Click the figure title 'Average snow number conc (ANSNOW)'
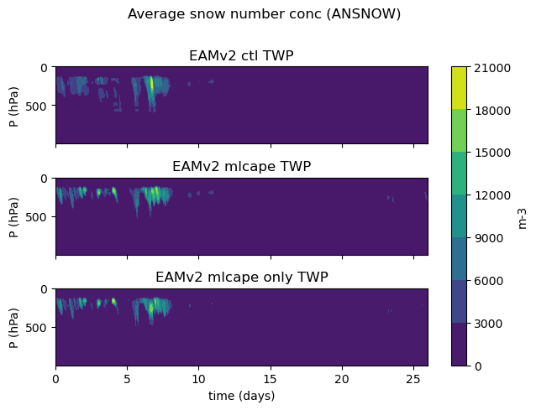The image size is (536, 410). point(265,14)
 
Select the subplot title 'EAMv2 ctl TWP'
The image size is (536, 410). point(241,55)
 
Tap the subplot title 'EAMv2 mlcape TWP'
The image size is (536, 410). point(242,167)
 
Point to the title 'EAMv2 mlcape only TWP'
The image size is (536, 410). point(242,277)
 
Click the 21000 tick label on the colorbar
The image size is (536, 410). point(492,68)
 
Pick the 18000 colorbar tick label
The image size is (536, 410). point(492,111)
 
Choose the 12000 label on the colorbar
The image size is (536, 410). point(492,195)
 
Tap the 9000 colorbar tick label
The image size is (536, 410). point(488,238)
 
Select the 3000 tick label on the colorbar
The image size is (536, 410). point(488,324)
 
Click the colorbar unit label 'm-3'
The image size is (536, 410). point(522,219)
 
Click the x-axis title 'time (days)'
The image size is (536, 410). point(242,396)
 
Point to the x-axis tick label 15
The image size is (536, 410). point(271,379)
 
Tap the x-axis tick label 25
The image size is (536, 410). point(413,379)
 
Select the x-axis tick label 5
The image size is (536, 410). point(127,379)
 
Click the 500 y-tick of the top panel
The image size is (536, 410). point(36,106)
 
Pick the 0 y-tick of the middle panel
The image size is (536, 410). point(44,179)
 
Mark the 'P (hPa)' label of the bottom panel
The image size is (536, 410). point(13,328)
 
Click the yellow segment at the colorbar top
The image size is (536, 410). point(459,88)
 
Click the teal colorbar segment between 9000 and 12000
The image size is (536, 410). point(459,216)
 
